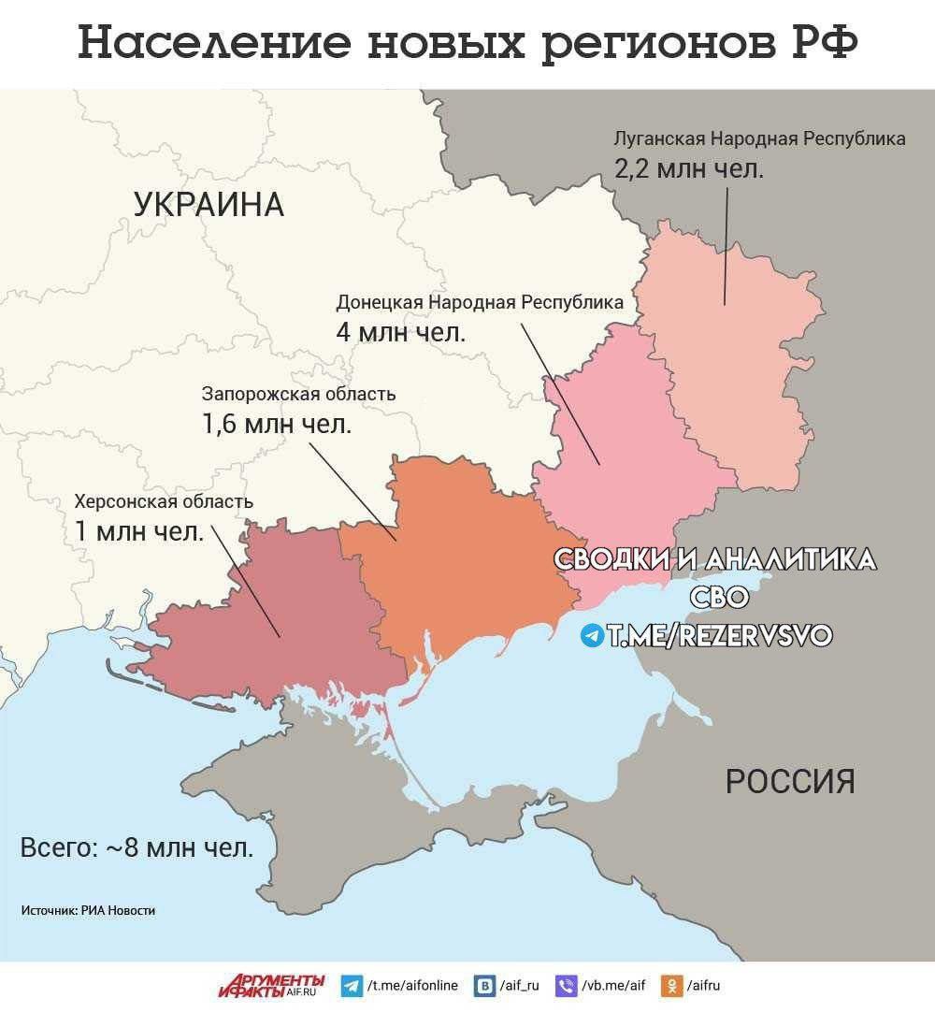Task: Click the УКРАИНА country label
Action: [x=209, y=204]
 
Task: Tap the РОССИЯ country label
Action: [x=790, y=780]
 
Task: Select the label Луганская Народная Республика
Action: [x=759, y=139]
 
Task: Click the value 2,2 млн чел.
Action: [x=689, y=170]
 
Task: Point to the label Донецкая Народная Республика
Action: [x=480, y=303]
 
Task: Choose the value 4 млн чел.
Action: [x=400, y=332]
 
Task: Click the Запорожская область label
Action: [x=299, y=394]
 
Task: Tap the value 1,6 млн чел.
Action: [x=277, y=424]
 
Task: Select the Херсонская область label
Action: [x=164, y=502]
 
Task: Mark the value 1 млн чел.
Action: [x=139, y=531]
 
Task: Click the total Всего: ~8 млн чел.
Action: [x=137, y=848]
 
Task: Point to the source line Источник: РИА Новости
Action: [x=88, y=910]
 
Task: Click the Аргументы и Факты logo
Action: [x=272, y=985]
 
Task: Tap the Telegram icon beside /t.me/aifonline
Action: [x=352, y=986]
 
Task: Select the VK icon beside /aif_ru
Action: [x=484, y=986]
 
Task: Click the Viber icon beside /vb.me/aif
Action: [x=567, y=986]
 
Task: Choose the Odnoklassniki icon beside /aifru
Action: [x=670, y=986]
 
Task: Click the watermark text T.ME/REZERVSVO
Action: [x=718, y=636]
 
